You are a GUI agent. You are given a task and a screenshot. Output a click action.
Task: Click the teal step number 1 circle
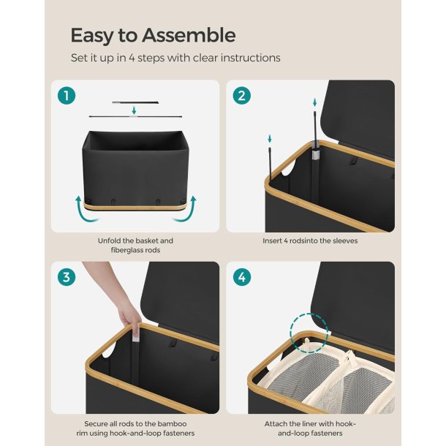point(67,96)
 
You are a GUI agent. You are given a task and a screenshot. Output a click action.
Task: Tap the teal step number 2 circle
point(241,96)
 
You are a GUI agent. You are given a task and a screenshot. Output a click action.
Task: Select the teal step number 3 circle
point(67,277)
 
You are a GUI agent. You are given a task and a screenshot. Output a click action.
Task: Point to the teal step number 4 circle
point(241,277)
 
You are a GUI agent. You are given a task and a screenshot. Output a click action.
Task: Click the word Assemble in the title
point(189,35)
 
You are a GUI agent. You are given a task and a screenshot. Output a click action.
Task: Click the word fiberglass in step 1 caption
point(124,250)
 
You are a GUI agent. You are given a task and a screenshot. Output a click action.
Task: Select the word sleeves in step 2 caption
point(345,241)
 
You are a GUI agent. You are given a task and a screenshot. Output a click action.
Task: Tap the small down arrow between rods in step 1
point(134,110)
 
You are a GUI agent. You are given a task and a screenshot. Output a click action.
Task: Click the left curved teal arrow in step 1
point(86,209)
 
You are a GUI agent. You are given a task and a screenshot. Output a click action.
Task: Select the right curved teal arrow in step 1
point(186,209)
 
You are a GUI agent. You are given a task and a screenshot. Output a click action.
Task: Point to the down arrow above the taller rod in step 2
point(314,102)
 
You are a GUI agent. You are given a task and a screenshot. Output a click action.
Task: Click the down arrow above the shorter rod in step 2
point(270,139)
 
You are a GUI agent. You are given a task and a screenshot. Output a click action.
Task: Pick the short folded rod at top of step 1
point(135,102)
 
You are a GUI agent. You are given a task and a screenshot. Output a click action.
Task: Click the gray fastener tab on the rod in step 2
point(316,155)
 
